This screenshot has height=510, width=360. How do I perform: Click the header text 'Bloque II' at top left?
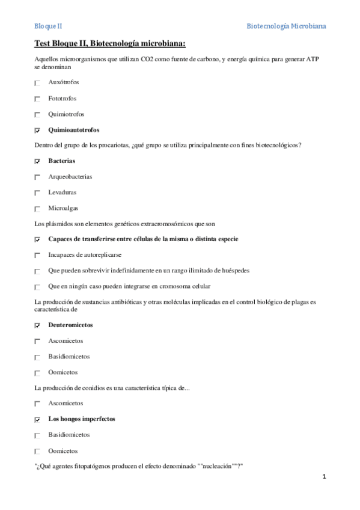tap(48, 26)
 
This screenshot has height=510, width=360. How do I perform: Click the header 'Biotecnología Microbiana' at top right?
tap(287, 26)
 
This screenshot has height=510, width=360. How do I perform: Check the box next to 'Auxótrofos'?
tap(37, 83)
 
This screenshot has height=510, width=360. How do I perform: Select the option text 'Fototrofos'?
tap(63, 98)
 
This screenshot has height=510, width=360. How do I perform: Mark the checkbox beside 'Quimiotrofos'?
tap(37, 114)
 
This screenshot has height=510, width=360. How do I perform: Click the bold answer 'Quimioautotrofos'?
tap(74, 130)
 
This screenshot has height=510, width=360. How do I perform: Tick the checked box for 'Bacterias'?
tap(37, 161)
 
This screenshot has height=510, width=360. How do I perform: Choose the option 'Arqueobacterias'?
tap(70, 177)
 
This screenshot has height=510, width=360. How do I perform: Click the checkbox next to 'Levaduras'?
tap(37, 193)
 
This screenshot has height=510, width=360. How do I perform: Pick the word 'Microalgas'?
tap(63, 208)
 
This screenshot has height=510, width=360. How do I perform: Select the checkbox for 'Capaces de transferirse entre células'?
tap(37, 239)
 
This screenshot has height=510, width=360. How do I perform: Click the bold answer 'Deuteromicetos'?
tap(71, 325)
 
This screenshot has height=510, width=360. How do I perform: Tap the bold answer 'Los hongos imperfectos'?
tap(82, 419)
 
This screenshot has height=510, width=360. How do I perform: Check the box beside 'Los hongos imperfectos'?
tap(37, 419)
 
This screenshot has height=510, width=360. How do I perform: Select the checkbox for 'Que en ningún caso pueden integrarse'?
tap(37, 287)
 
